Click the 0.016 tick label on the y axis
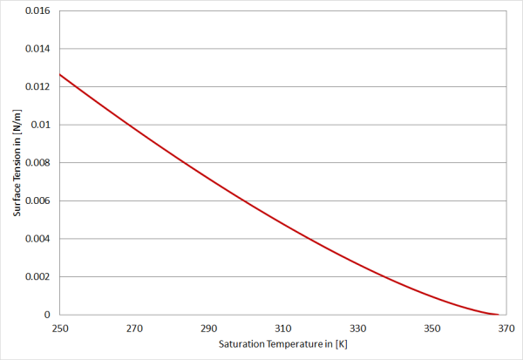[37, 10]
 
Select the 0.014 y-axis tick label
[37, 49]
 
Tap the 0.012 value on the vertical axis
[37, 87]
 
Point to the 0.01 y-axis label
[40, 125]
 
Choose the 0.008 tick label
[37, 163]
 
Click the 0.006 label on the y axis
[37, 200]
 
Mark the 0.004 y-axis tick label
[37, 239]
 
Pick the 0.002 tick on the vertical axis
[37, 277]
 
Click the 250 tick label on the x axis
[60, 329]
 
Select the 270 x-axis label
[134, 329]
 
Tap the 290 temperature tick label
[209, 329]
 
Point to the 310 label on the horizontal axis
[283, 329]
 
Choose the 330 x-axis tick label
[357, 329]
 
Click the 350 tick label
[432, 329]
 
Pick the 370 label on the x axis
[506, 329]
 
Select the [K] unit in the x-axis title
[342, 344]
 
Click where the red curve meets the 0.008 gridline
[184, 163]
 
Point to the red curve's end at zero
[499, 315]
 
